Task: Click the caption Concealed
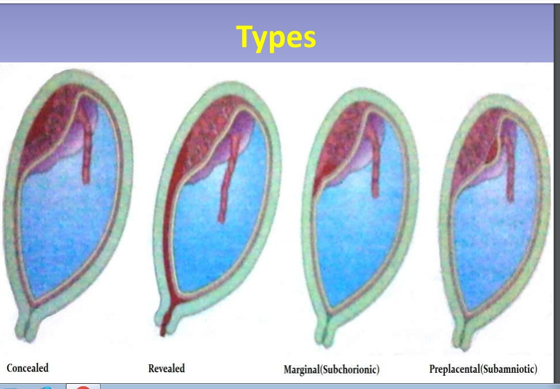coord(28,368)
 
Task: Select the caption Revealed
coord(166,368)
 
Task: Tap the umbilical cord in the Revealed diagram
coord(227,179)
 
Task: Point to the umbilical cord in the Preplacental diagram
coord(510,164)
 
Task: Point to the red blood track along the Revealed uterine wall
coord(167,229)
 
